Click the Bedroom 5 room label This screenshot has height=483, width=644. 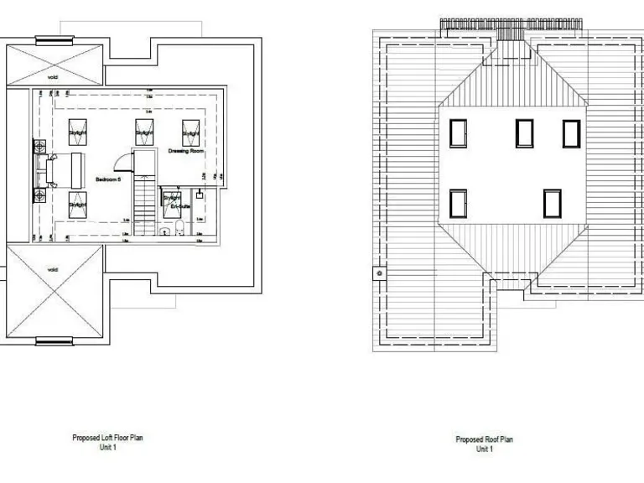[108, 180]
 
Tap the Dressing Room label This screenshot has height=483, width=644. [186, 151]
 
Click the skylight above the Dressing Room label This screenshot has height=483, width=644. [191, 132]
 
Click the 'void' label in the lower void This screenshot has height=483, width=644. [52, 269]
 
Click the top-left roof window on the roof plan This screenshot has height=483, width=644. [458, 132]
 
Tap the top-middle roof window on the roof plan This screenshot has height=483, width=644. [524, 132]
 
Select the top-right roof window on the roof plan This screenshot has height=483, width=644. [571, 132]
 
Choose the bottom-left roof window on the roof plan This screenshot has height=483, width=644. [458, 204]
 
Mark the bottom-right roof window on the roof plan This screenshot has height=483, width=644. [551, 204]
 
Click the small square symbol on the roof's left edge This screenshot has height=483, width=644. [380, 273]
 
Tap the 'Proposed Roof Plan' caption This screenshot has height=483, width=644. [484, 440]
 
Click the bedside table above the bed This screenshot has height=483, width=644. [40, 147]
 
